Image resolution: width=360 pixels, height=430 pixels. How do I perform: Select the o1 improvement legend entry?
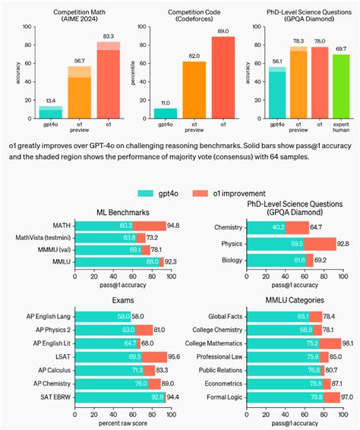tap(229, 194)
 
